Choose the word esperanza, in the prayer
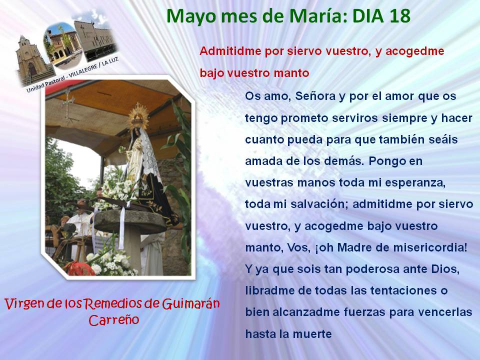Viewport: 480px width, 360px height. [x=415, y=183]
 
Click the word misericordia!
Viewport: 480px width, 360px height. [x=430, y=247]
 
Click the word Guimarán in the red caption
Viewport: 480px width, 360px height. [x=190, y=304]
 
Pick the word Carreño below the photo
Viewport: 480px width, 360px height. [x=114, y=320]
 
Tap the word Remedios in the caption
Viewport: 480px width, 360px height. [x=113, y=304]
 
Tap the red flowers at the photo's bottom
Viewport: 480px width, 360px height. [x=80, y=268]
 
